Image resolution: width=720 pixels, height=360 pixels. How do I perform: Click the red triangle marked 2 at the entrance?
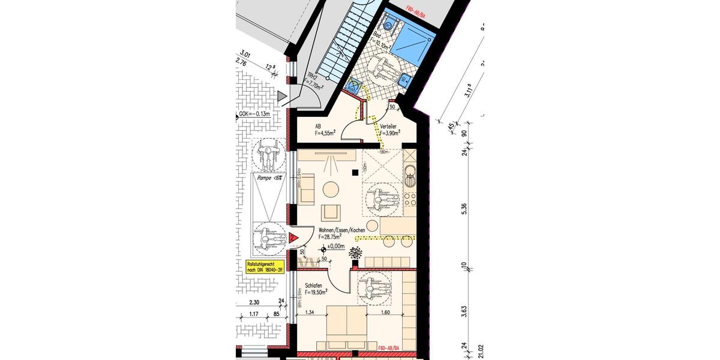(x=293, y=238)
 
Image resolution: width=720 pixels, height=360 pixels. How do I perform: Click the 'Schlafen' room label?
(x=314, y=286)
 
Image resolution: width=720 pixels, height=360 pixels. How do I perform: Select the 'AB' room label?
(x=318, y=127)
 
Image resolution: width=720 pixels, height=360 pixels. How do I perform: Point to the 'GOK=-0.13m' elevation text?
(x=256, y=113)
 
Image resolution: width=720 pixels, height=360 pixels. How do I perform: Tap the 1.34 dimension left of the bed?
(x=310, y=312)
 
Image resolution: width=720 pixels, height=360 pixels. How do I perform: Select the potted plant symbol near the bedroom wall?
(x=356, y=252)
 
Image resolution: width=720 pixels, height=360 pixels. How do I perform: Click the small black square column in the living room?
(x=355, y=172)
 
